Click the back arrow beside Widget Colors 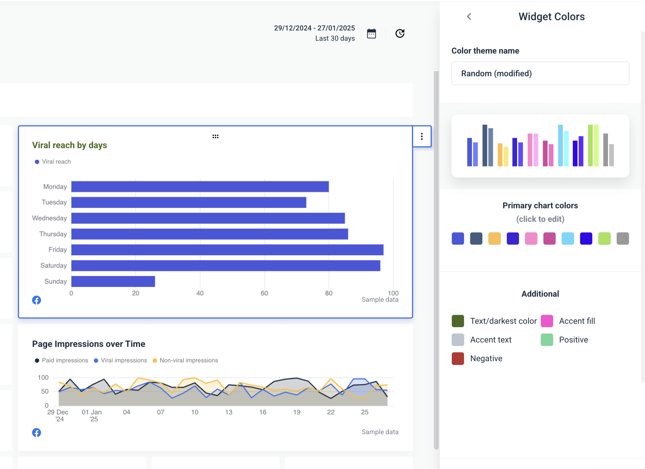coord(469,17)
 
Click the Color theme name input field coord(540,73)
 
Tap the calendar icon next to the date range coord(371,34)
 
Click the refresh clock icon coord(400,34)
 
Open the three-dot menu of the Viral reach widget coord(422,136)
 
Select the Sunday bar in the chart coord(113,282)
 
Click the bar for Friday coord(227,250)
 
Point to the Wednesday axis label coord(49,218)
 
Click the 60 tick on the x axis coord(264,293)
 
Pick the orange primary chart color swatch coord(494,239)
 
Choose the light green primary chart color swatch coord(604,239)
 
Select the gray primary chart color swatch coord(623,239)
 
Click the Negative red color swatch coord(458,359)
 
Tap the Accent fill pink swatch coord(547,321)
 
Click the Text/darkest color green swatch coord(458,321)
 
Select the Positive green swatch coord(547,340)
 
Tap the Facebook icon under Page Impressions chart coord(37,433)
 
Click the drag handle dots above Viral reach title coord(215,136)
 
